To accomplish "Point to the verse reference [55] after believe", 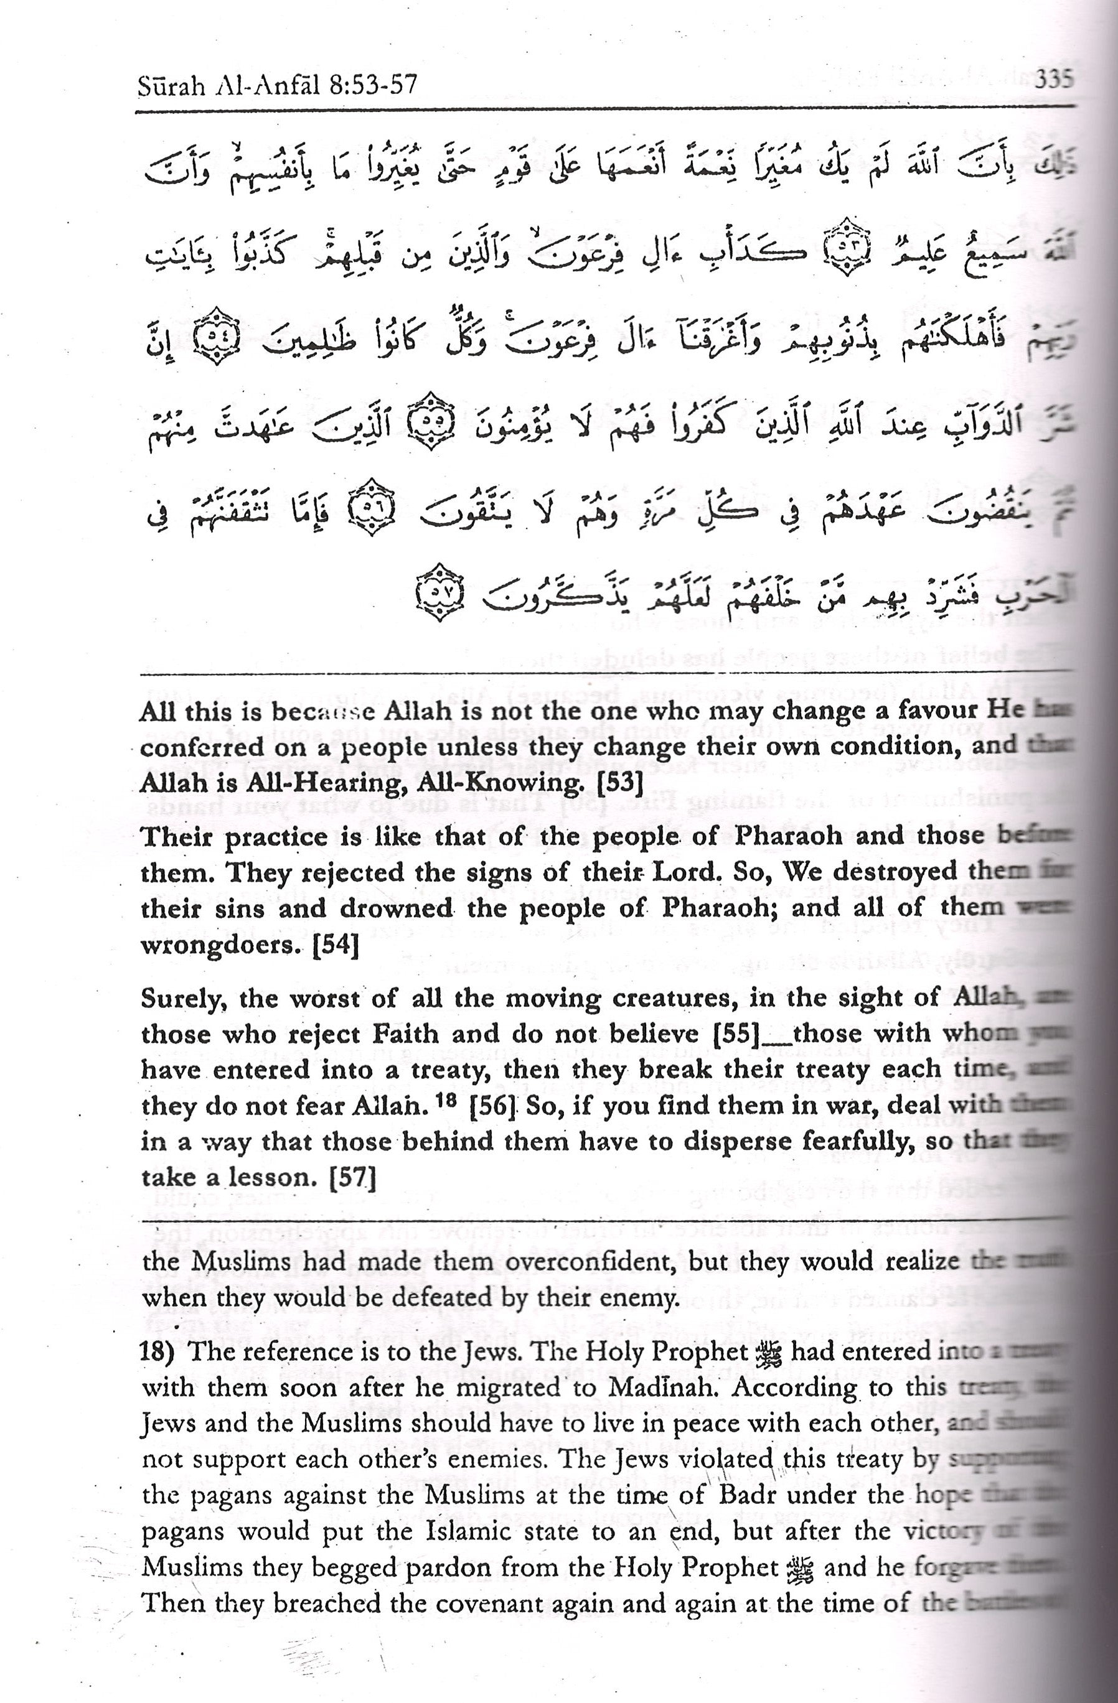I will (736, 1034).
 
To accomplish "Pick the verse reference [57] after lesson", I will (352, 1178).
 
